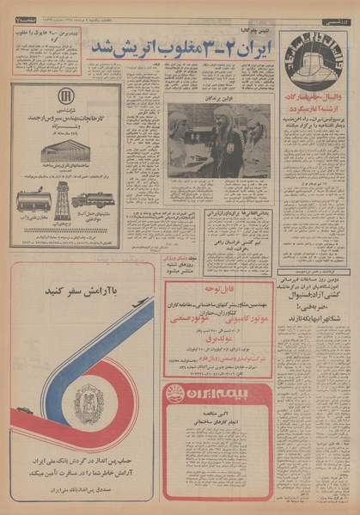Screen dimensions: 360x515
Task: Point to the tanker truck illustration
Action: coord(88,199)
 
